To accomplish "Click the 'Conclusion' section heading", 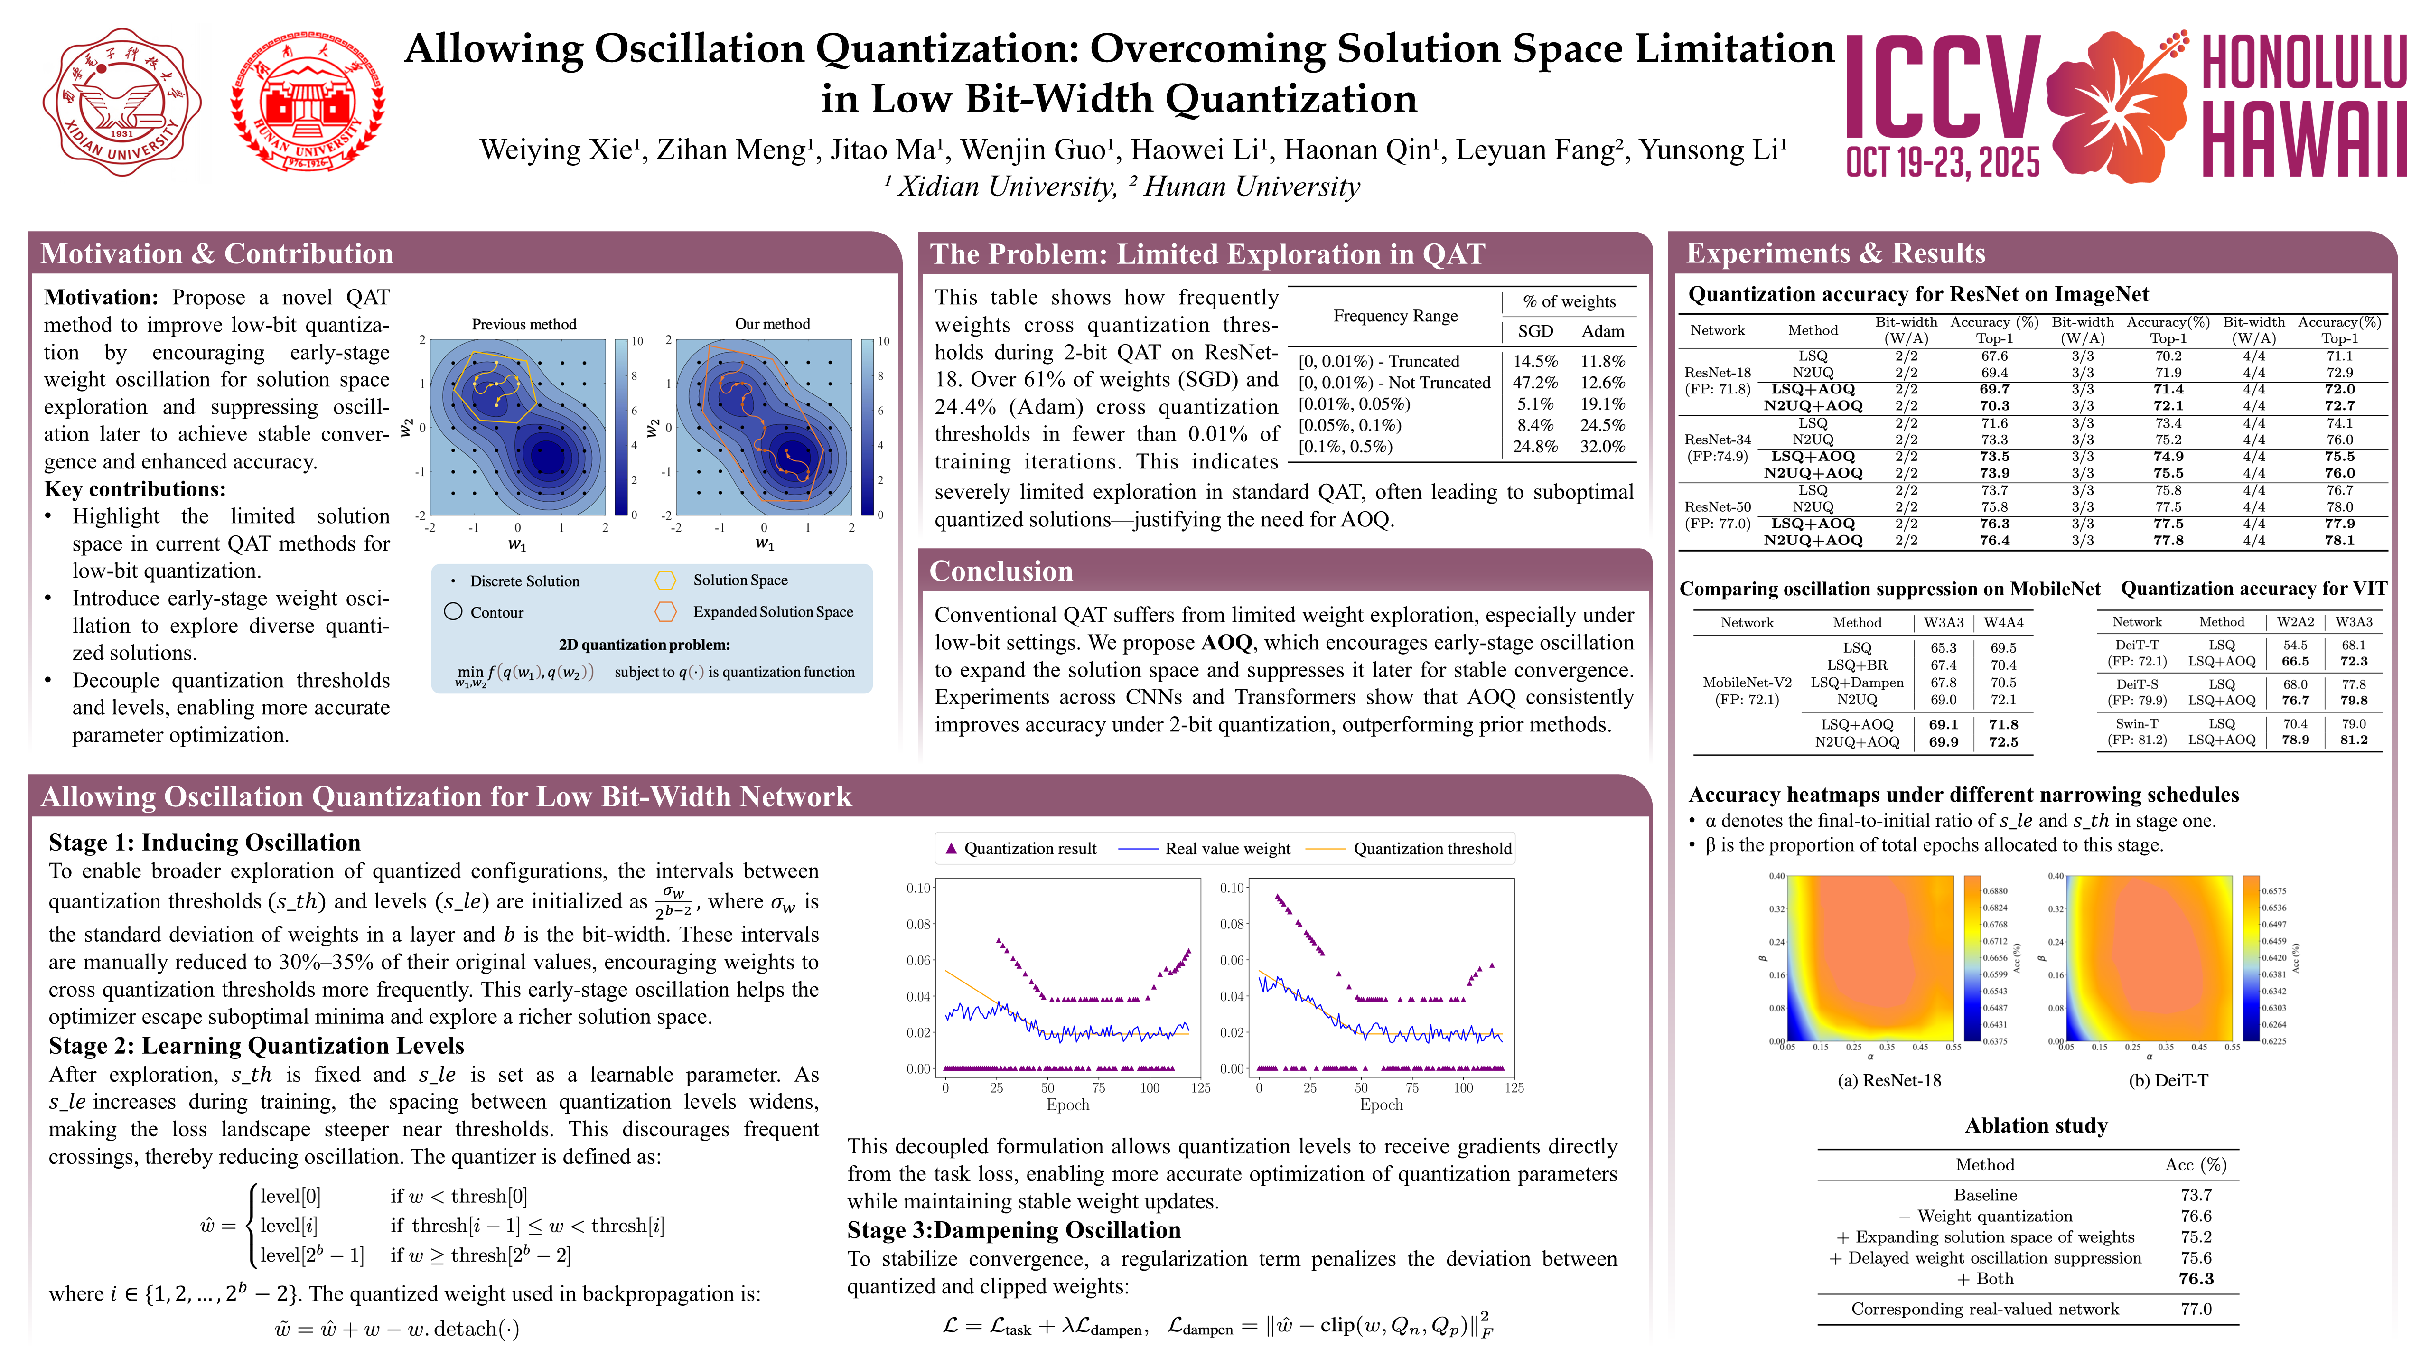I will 1001,571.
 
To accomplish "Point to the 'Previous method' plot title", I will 523,324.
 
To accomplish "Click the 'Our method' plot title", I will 772,324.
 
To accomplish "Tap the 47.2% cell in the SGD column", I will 1535,382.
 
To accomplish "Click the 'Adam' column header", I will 1603,331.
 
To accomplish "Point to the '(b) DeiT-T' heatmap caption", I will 2168,1080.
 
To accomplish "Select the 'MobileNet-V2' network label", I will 1746,682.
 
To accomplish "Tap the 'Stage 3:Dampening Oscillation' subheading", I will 1013,1230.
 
